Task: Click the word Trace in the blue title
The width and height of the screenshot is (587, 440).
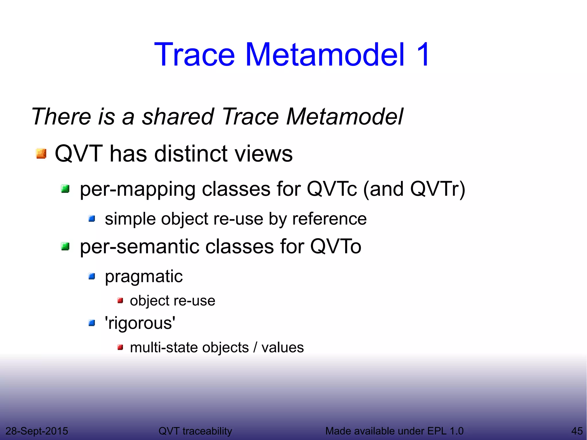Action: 194,54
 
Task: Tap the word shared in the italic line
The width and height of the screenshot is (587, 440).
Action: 178,116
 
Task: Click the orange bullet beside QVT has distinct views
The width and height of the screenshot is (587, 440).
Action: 41,154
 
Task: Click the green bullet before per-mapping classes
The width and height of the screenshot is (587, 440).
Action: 65,189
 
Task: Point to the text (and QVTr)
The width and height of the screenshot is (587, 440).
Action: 414,189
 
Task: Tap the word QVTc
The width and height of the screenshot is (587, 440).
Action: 332,189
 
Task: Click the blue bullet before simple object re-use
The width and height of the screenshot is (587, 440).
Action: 92,219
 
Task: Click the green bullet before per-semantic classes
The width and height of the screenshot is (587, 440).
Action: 65,246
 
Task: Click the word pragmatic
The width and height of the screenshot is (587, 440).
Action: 144,277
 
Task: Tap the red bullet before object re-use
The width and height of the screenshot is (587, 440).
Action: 120,301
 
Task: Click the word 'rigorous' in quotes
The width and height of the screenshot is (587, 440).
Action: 140,323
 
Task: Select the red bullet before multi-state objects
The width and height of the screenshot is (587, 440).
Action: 120,348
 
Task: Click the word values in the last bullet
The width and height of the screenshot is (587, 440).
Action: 282,348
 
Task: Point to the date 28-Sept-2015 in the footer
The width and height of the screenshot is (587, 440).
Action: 37,431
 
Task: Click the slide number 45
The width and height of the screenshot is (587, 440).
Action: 577,431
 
